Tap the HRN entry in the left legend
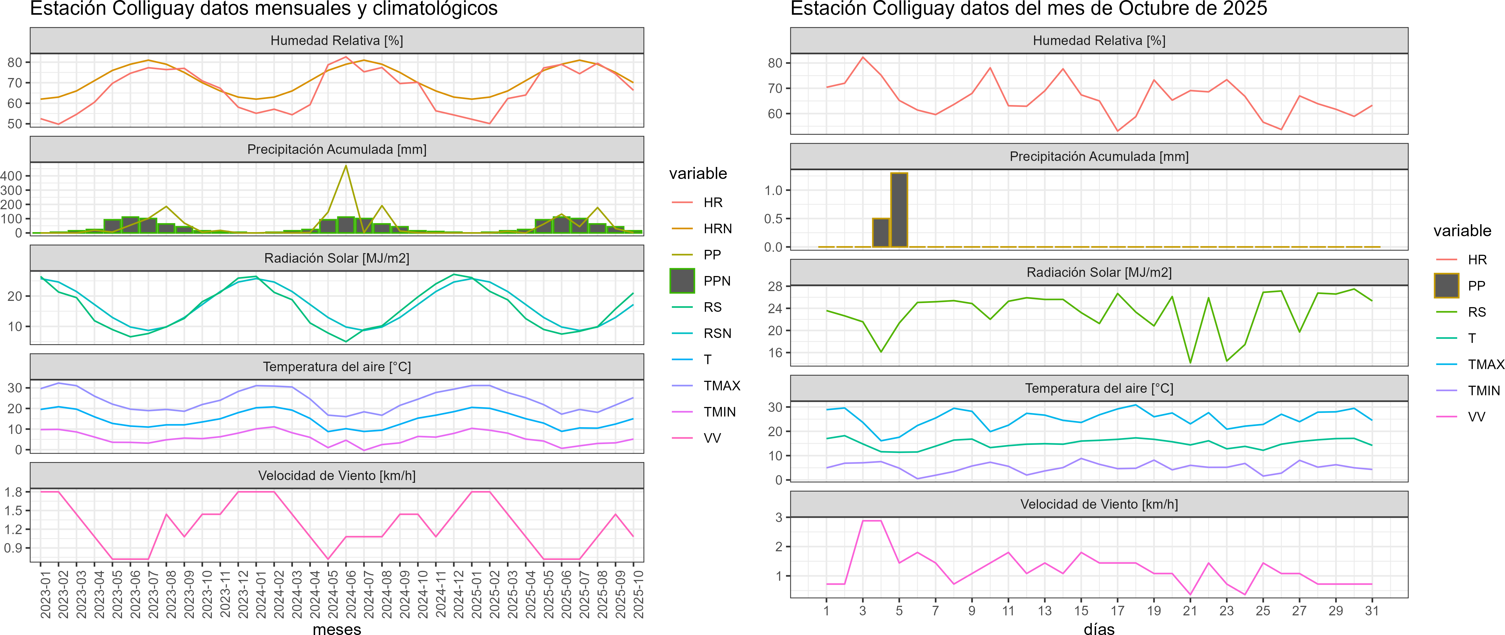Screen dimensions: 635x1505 [x=717, y=229]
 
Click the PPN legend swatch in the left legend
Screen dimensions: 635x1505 [x=682, y=281]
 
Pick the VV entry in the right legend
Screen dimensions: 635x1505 [x=1476, y=417]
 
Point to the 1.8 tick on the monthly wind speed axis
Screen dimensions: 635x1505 [x=13, y=492]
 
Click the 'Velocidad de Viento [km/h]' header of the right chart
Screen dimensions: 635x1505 [x=1099, y=504]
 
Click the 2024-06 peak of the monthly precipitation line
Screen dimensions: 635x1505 [x=346, y=166]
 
